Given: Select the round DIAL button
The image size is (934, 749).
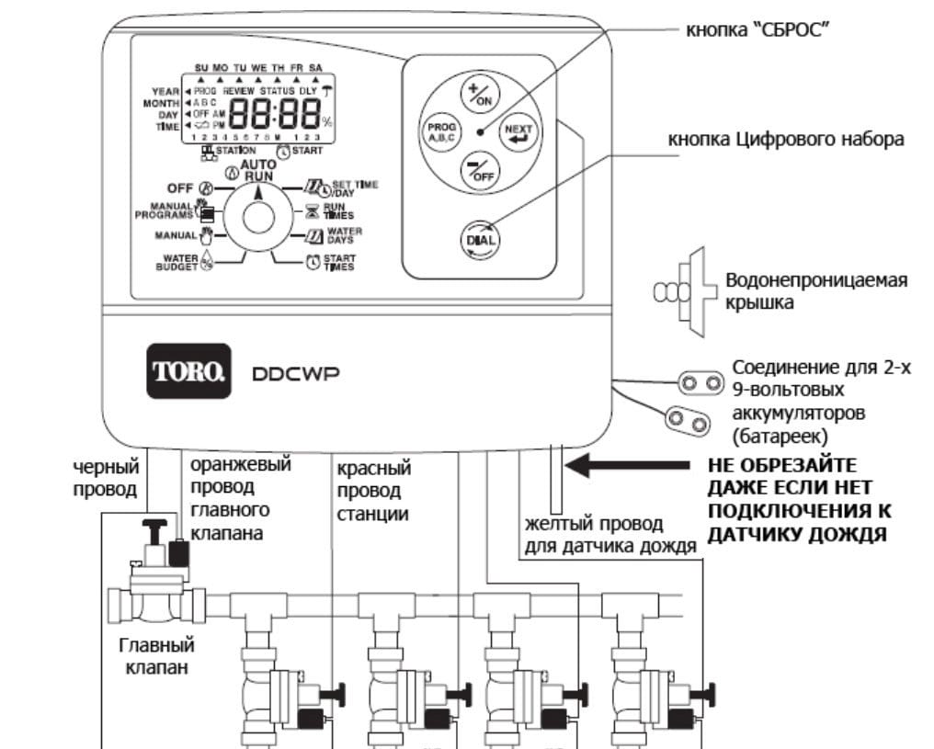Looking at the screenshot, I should click(x=484, y=239).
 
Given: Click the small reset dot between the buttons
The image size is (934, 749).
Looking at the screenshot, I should click(x=479, y=132).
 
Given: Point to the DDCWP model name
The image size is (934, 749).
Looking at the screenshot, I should click(x=291, y=373).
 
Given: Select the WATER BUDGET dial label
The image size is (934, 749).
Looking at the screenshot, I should click(x=182, y=263).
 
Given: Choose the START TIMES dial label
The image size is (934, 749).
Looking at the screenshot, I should click(x=337, y=263).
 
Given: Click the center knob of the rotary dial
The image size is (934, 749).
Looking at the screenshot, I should click(x=258, y=219).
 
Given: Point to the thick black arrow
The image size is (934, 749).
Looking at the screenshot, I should click(x=625, y=465).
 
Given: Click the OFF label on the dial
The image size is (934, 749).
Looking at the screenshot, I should click(x=180, y=188).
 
